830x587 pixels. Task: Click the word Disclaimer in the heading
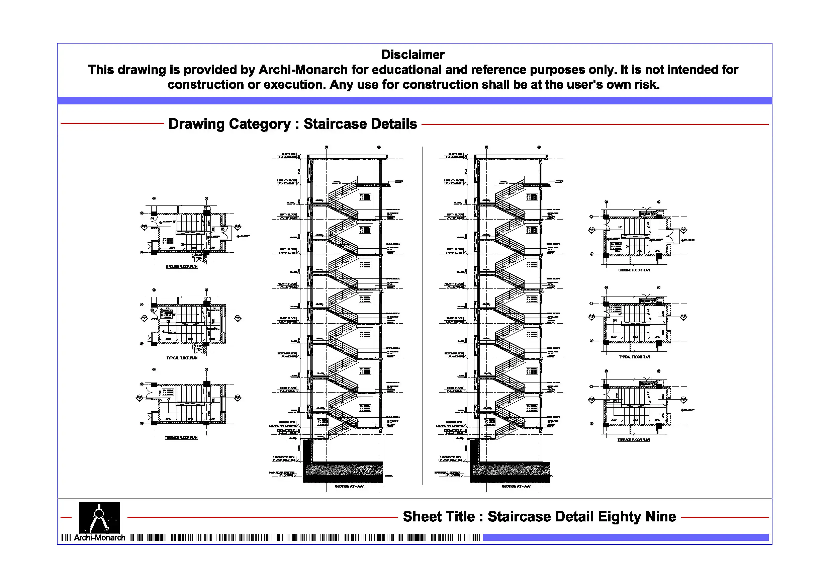tap(412, 55)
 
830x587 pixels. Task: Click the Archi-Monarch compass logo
tap(99, 517)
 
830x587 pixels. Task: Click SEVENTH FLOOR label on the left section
tap(287, 180)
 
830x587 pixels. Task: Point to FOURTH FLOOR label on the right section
tap(454, 284)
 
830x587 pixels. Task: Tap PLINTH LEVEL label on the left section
tap(287, 422)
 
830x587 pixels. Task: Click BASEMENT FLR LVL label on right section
tap(451, 457)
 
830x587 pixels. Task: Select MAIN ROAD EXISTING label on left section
tap(282, 473)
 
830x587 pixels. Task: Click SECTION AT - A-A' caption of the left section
tap(349, 487)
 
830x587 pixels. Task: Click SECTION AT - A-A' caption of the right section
tap(516, 487)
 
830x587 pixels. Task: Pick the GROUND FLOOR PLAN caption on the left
tap(182, 266)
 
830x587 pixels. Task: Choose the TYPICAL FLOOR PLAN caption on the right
tap(634, 357)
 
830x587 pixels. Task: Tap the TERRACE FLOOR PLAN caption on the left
tap(181, 438)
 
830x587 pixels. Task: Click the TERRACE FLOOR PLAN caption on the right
tap(633, 440)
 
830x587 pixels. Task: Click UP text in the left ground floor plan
tap(175, 222)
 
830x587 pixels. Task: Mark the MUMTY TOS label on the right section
tap(455, 154)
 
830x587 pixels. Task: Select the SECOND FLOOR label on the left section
tap(287, 353)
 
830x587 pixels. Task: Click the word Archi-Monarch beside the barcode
tap(99, 538)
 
